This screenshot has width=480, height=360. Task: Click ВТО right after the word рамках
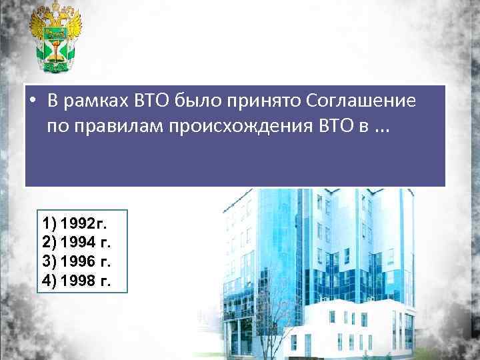click(x=151, y=101)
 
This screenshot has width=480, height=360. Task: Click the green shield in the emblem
click(x=55, y=43)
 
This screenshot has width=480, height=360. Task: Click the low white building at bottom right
click(x=373, y=327)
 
